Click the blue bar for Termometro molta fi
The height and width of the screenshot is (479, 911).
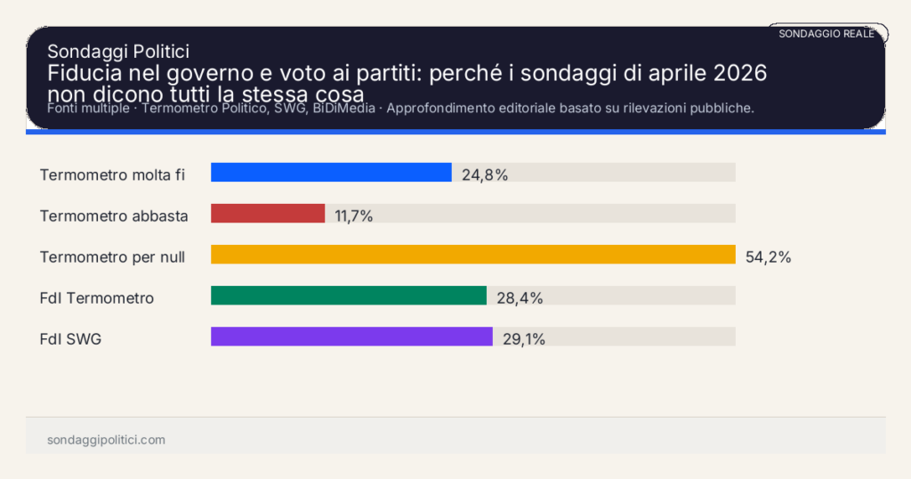coord(331,173)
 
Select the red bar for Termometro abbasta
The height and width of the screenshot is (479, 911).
coord(268,214)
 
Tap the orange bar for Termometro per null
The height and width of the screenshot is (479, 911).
coord(472,255)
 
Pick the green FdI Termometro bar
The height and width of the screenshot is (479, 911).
coord(349,296)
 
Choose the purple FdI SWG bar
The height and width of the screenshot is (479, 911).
coord(351,337)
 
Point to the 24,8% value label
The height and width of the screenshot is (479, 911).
coord(485,175)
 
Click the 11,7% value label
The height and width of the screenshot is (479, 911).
coord(353,215)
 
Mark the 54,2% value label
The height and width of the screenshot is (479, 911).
coord(768,257)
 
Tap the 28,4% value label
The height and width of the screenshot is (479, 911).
coord(520,298)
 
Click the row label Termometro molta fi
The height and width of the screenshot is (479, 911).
coord(112,175)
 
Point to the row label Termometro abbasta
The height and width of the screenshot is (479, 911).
coord(114,215)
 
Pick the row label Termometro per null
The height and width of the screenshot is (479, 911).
coord(112,257)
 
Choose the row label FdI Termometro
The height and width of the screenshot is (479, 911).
coord(97,298)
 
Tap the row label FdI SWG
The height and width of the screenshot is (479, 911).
coord(70,339)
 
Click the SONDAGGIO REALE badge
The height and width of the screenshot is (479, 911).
coord(826,34)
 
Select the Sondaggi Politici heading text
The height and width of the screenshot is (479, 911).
coord(117,52)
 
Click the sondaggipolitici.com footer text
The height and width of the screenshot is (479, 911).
coord(106,440)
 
